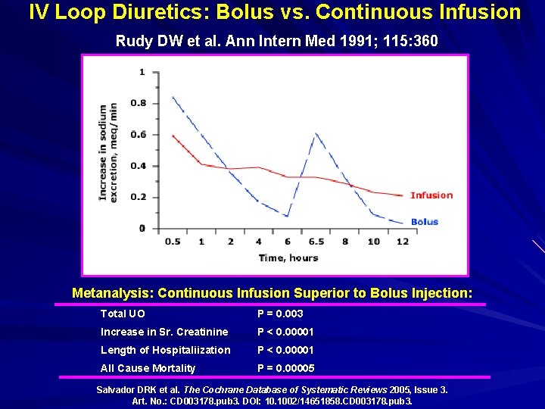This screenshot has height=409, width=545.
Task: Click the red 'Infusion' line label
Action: [x=431, y=195]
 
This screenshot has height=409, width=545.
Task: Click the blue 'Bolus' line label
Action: [x=425, y=222]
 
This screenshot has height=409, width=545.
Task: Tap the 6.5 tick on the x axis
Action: [x=316, y=242]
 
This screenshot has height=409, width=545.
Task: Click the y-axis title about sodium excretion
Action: [x=108, y=151]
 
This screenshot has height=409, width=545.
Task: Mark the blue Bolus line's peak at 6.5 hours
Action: [x=316, y=134]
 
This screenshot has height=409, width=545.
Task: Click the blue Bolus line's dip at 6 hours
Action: [x=288, y=217]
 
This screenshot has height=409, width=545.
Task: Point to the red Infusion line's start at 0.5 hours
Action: [x=173, y=136]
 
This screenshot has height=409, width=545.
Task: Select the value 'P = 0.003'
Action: [x=280, y=314]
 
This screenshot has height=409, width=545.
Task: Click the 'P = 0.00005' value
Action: [x=285, y=368]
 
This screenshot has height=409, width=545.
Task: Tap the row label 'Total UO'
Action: [x=123, y=314]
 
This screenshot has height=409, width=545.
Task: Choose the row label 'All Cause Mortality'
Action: [x=148, y=368]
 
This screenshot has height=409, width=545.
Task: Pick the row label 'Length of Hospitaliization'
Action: [x=165, y=350]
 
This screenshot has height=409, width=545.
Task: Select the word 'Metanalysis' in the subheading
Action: [x=112, y=292]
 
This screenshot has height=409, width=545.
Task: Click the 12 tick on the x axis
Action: [x=402, y=242]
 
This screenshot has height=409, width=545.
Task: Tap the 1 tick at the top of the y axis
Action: [x=143, y=72]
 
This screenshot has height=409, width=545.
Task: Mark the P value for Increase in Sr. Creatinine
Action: [x=285, y=332]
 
